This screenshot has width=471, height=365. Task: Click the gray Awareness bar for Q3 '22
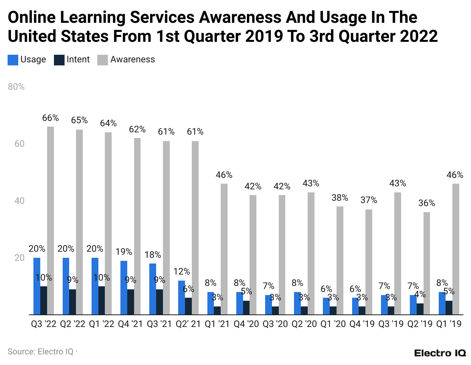click(x=51, y=221)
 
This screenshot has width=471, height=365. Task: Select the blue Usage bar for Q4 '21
click(x=124, y=287)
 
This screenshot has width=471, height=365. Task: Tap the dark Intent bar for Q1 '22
click(x=101, y=300)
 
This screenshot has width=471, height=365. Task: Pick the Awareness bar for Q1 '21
click(x=224, y=249)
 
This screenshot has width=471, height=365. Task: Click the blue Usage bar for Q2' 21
click(x=182, y=297)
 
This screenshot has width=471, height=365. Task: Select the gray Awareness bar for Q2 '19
click(x=427, y=263)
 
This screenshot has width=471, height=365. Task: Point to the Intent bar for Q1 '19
click(x=449, y=308)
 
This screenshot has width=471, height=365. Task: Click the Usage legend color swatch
click(x=13, y=60)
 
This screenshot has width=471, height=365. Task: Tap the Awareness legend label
click(x=133, y=60)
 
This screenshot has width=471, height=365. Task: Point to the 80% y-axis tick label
click(x=16, y=87)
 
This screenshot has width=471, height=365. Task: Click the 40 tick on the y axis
click(x=19, y=201)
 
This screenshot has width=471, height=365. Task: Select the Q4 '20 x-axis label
click(x=246, y=324)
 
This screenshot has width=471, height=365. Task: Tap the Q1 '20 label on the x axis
click(x=333, y=324)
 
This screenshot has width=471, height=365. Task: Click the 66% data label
click(x=51, y=118)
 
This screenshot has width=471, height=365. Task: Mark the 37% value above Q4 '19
click(x=369, y=200)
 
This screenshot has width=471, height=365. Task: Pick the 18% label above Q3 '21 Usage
click(x=153, y=255)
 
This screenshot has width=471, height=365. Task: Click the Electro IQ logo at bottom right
click(x=440, y=353)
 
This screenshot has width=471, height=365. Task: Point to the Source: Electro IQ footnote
click(x=41, y=352)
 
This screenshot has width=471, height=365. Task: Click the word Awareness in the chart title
click(x=240, y=17)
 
